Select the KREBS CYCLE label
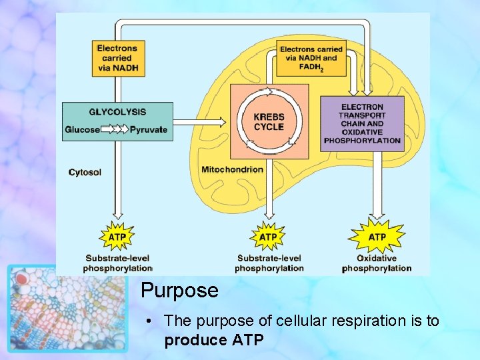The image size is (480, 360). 269,122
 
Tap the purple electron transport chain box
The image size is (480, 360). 362,124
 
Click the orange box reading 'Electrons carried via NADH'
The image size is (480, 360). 117,58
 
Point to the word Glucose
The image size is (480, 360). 82,129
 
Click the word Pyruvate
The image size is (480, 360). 149,129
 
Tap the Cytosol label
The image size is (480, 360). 85,172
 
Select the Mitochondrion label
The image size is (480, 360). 232,169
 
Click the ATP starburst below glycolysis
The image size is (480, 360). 117,236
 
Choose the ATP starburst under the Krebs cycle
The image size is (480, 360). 268,237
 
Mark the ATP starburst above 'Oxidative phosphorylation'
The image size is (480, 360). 377,237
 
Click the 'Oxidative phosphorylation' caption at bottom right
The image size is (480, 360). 377,263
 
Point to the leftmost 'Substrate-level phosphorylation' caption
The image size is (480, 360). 117,263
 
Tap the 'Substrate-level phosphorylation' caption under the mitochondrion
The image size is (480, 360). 269,263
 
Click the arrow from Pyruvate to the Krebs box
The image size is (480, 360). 201,123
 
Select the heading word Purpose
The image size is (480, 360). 179,291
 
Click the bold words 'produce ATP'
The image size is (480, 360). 214,340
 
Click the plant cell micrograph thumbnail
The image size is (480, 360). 67,308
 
